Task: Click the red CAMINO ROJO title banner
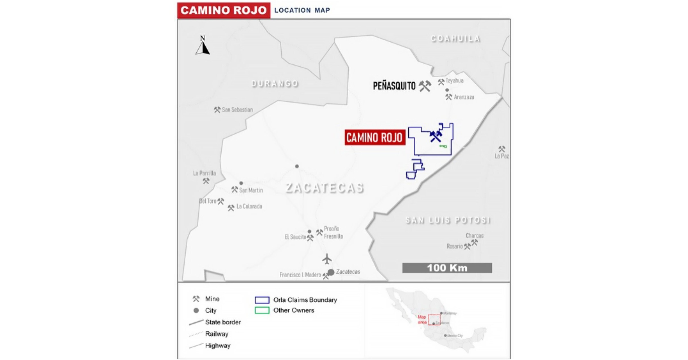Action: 224,10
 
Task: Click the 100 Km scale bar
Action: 447,268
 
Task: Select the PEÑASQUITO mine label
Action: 394,86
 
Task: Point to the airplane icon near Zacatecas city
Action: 327,259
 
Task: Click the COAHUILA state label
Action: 455,39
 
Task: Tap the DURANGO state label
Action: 275,84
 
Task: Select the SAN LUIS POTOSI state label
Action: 448,220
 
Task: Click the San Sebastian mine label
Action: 237,110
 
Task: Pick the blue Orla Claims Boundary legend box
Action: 262,300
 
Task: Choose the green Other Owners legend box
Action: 262,310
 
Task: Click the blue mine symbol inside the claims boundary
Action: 436,136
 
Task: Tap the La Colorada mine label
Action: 249,206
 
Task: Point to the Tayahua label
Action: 454,80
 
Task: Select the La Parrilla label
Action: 204,173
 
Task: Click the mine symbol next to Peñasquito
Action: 425,86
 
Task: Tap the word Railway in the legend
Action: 217,334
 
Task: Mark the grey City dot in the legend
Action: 196,311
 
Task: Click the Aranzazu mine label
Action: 464,97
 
